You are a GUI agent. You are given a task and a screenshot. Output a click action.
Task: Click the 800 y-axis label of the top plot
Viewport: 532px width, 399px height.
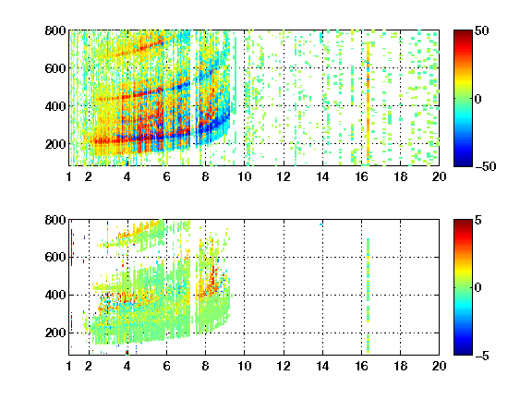click(55, 30)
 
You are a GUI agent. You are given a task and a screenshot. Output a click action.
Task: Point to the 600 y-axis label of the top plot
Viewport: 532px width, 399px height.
click(55, 68)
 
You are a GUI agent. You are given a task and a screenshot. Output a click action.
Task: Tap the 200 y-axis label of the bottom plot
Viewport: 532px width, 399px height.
click(55, 332)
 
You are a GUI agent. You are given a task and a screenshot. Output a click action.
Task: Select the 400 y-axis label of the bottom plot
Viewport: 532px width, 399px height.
click(55, 295)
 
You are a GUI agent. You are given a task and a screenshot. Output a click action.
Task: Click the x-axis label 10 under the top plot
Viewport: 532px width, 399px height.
click(244, 176)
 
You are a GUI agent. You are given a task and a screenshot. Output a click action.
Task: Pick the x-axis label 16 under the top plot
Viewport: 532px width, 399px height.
click(362, 176)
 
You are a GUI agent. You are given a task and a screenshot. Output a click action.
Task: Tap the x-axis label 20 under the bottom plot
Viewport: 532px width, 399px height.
click(439, 366)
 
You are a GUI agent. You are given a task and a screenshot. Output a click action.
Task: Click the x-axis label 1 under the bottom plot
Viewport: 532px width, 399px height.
click(69, 366)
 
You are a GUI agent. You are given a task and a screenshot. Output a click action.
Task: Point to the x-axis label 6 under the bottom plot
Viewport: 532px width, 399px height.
click(166, 366)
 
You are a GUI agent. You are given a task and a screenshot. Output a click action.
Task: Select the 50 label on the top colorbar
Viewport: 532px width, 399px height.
click(481, 30)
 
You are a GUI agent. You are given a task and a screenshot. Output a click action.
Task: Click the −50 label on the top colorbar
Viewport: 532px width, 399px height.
click(485, 166)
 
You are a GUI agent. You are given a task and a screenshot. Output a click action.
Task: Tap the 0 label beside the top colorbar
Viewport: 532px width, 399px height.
click(478, 99)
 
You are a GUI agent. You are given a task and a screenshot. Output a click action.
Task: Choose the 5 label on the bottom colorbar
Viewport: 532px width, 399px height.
click(478, 220)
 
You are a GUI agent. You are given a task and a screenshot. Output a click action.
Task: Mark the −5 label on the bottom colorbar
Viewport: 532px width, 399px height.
click(482, 356)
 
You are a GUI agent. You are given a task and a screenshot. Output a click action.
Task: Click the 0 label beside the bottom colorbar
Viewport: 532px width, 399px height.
click(478, 288)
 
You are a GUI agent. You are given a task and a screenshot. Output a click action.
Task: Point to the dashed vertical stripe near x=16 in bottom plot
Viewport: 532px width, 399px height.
click(368, 296)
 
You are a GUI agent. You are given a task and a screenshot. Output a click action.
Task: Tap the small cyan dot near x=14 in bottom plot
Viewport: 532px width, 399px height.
click(321, 224)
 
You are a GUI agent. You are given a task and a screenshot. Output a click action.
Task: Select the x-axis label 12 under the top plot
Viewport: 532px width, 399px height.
click(284, 176)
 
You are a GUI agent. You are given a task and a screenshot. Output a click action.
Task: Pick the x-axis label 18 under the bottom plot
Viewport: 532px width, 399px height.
click(400, 366)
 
